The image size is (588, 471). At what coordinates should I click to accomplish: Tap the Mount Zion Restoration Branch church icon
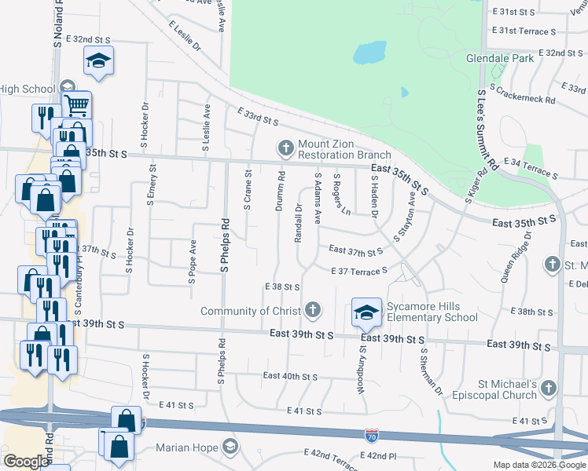tap(285, 147)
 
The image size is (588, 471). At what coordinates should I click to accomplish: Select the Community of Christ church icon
tap(313, 310)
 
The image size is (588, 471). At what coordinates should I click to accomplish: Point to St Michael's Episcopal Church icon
tap(549, 389)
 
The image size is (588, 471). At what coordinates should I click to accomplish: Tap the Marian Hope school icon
tap(230, 447)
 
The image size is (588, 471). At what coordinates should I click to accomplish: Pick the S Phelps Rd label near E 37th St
tap(224, 245)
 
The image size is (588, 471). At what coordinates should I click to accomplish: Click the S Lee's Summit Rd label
tap(487, 130)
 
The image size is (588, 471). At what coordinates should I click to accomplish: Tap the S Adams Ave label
tap(318, 196)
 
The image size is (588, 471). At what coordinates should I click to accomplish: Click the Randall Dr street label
tap(299, 225)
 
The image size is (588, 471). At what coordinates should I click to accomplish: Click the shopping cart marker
tap(76, 104)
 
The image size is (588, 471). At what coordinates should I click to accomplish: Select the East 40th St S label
tap(289, 377)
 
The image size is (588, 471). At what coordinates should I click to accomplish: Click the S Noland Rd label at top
tap(58, 24)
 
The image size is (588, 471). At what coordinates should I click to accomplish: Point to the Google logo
tap(26, 462)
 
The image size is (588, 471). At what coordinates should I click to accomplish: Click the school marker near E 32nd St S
tap(98, 60)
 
